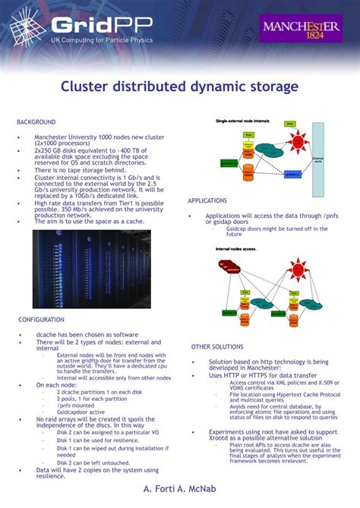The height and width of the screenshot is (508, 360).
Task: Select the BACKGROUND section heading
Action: [x=36, y=121]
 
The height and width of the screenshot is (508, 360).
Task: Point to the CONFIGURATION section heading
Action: [x=41, y=320]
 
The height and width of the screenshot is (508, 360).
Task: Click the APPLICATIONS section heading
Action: [x=207, y=200]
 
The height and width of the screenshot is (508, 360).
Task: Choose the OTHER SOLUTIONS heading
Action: [x=217, y=346]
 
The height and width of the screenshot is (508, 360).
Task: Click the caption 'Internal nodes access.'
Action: [x=235, y=248]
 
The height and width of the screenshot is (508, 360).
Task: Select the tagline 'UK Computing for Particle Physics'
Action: [x=101, y=39]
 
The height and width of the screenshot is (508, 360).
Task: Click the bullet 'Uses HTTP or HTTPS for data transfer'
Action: [x=263, y=375]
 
